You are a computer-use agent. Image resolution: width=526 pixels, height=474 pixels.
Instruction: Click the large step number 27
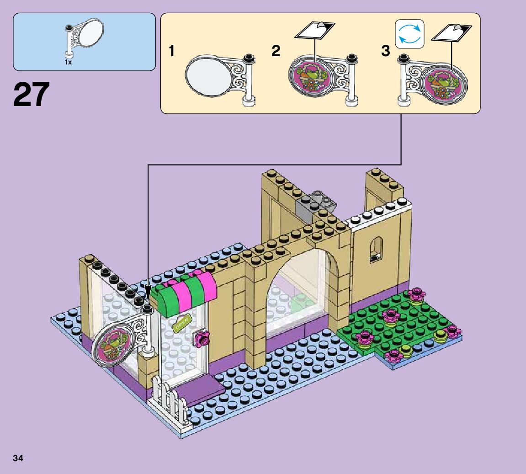pyautogui.click(x=31, y=95)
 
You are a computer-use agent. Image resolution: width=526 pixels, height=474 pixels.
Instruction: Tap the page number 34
pyautogui.click(x=19, y=458)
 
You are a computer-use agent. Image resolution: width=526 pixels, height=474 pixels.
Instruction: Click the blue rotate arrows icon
pyautogui.click(x=410, y=34)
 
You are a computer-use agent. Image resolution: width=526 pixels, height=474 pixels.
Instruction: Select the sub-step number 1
pyautogui.click(x=172, y=51)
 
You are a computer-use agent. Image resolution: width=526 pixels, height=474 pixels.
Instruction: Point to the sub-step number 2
pyautogui.click(x=276, y=51)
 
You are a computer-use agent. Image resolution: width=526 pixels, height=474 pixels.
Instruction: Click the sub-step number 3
pyautogui.click(x=386, y=51)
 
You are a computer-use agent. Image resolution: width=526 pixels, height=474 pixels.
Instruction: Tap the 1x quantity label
pyautogui.click(x=68, y=62)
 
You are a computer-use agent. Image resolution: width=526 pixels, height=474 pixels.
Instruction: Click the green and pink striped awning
pyautogui.click(x=185, y=293)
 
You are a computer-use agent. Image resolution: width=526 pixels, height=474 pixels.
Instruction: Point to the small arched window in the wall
pyautogui.click(x=376, y=249)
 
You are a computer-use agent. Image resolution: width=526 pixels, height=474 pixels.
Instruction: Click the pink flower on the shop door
pyautogui.click(x=201, y=338)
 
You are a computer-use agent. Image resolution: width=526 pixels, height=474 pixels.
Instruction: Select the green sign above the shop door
pyautogui.click(x=181, y=323)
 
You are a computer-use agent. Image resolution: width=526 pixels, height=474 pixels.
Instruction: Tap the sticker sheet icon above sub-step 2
pyautogui.click(x=315, y=31)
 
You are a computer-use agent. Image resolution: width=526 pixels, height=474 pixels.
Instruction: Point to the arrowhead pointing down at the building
pyautogui.click(x=148, y=292)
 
